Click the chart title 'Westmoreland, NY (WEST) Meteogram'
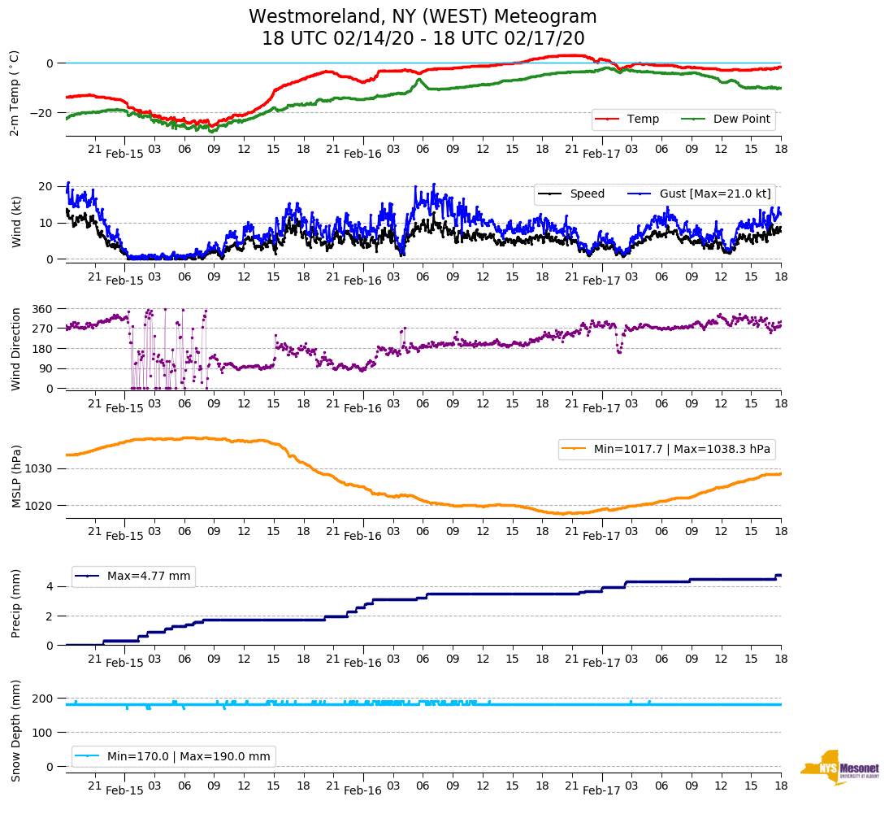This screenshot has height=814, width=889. [423, 17]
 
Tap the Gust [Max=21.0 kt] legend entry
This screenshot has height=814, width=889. [716, 194]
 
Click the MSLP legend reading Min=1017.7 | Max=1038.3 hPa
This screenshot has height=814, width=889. [666, 449]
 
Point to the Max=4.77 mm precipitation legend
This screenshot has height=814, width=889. [133, 577]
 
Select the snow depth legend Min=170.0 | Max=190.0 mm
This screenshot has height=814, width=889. [174, 756]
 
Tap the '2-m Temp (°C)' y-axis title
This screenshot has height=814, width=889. [15, 93]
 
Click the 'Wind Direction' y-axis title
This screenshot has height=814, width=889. [16, 349]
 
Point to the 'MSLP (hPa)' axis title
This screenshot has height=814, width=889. [16, 477]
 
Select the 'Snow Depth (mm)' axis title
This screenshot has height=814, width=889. [16, 731]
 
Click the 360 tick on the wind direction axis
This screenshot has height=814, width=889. [43, 309]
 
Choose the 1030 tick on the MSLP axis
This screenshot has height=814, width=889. [40, 469]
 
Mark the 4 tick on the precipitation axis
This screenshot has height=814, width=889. [50, 586]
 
